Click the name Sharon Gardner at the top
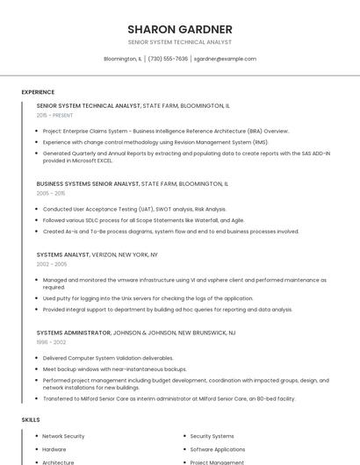coord(180,29)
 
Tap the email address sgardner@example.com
coord(225,59)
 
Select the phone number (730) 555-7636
coord(168,59)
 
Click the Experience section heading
coord(38,92)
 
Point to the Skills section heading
coord(31,419)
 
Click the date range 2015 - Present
coord(54,115)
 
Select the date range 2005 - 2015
coord(51,193)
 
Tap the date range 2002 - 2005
coord(52,263)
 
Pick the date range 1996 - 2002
coord(51,342)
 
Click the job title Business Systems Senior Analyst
coord(88,184)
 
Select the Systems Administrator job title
coord(74,333)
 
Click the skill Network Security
coord(63,436)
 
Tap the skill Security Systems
coord(212,436)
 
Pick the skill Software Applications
coord(218,449)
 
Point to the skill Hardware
coord(54,449)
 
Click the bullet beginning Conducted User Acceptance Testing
coord(134,209)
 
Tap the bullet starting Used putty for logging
coord(148,298)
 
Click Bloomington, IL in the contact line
coord(122,59)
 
